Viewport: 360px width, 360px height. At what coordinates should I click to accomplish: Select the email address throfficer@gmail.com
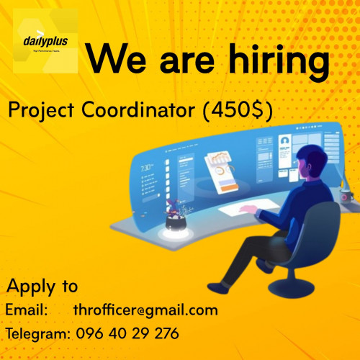click(145, 310)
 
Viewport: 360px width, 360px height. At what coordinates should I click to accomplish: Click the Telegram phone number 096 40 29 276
click(126, 334)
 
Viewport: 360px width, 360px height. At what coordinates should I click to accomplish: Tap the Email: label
click(27, 310)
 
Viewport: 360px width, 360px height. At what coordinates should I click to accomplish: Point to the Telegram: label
click(37, 334)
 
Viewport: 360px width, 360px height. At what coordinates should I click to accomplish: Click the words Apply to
click(42, 286)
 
